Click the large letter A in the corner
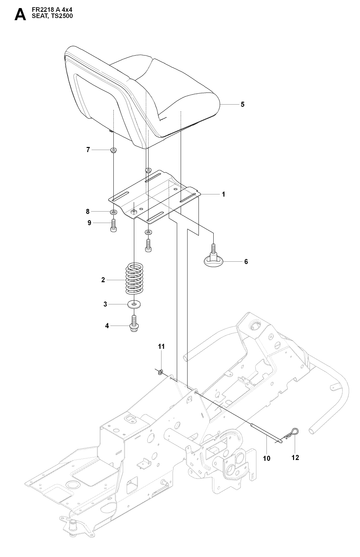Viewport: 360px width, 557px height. click(20, 15)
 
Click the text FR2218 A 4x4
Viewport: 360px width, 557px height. click(52, 11)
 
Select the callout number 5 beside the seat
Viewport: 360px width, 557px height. click(242, 104)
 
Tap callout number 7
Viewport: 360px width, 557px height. click(88, 150)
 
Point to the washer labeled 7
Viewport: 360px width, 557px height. click(113, 150)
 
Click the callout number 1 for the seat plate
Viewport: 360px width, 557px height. click(224, 194)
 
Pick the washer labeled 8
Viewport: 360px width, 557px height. click(113, 212)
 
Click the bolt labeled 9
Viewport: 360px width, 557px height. click(113, 225)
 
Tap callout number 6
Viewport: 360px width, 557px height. click(246, 262)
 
